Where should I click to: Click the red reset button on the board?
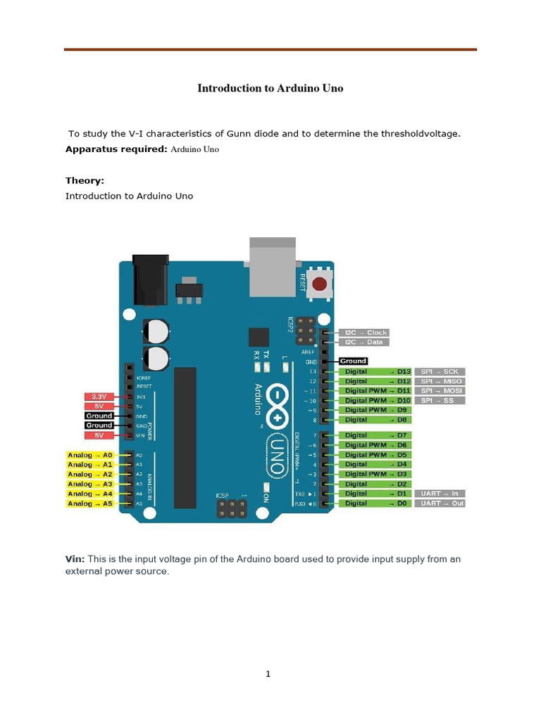(321, 285)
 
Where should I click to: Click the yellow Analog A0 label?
(90, 456)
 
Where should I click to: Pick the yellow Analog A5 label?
(90, 503)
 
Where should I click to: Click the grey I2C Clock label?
(363, 332)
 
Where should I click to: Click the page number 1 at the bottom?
(268, 674)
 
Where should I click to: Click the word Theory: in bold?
(85, 181)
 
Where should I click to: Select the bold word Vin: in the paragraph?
(75, 559)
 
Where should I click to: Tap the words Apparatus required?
(117, 149)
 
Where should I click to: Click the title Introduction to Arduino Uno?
(270, 89)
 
